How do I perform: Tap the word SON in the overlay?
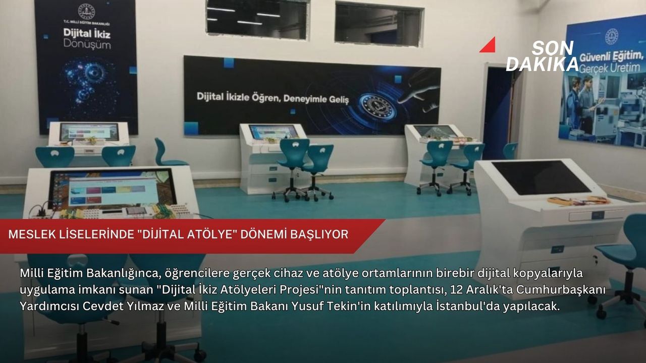tap(553, 48)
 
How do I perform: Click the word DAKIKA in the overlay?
tap(542, 64)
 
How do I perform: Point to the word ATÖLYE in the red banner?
tap(210, 234)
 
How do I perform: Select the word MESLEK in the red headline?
tap(32, 234)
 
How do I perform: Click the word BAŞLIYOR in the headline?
tap(319, 234)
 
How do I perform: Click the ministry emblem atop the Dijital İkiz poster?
tap(86, 12)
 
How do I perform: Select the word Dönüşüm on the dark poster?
tap(87, 45)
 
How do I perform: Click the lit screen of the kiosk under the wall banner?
tap(273, 132)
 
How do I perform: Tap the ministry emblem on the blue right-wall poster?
tap(611, 37)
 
